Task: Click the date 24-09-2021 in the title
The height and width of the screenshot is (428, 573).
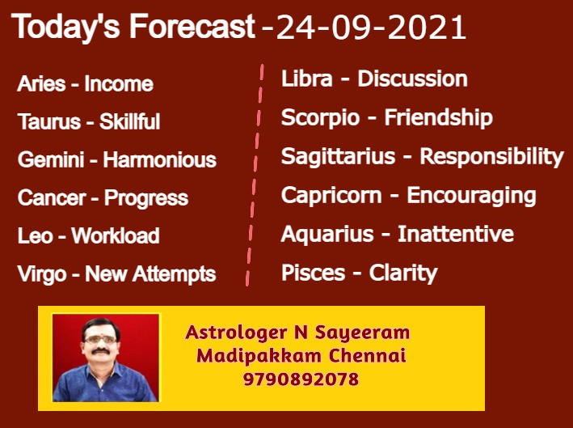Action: point(371,28)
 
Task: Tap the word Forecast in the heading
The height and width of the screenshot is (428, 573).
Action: point(192,27)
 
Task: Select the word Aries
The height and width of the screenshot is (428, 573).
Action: point(41,84)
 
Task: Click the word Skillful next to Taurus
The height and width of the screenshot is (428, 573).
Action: point(130,121)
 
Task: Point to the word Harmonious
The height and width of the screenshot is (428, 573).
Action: point(160,160)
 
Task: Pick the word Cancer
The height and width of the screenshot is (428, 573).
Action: point(52,198)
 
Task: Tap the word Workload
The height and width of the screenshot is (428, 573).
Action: point(116,235)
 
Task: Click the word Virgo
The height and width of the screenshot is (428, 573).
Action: point(42,275)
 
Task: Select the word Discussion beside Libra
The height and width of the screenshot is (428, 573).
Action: point(412,79)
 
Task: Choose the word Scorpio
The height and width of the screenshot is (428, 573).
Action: point(320,118)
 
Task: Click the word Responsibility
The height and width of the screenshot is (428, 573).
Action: point(492,157)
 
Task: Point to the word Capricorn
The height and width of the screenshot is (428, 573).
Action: point(331,196)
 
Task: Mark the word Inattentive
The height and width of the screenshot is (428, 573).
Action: point(456,234)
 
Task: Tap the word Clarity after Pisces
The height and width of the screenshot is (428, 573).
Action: point(403,273)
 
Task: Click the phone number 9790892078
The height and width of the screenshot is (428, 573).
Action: point(301,379)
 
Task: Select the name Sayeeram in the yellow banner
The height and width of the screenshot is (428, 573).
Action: point(362,333)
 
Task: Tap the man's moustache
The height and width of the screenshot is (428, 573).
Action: point(100,352)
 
